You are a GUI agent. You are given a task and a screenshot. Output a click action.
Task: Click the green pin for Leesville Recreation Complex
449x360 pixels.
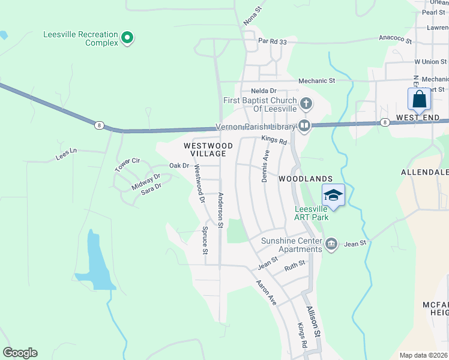(x=127, y=38)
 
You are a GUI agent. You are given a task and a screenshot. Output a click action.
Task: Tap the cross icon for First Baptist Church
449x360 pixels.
(x=306, y=104)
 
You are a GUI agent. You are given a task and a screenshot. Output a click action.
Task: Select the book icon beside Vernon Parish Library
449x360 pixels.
(x=304, y=126)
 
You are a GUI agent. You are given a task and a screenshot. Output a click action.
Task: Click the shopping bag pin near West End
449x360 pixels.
(x=419, y=99)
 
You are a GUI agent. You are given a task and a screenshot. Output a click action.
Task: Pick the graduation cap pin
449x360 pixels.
(x=333, y=195)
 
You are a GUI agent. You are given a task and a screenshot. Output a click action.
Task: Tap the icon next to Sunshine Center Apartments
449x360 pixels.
(x=331, y=244)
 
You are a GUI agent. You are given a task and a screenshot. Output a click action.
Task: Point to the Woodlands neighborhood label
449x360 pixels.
(x=305, y=179)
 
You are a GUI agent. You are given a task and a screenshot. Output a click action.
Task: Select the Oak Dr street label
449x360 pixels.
(x=179, y=166)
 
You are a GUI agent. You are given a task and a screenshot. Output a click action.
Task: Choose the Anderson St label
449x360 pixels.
(x=220, y=210)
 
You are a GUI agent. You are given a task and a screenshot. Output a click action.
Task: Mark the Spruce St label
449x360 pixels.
(x=205, y=239)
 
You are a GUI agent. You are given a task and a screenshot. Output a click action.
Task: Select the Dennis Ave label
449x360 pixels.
(x=265, y=166)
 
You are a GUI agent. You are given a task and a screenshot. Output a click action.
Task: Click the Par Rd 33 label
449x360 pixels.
(x=273, y=41)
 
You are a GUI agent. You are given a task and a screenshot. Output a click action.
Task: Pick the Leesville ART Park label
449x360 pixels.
(x=312, y=213)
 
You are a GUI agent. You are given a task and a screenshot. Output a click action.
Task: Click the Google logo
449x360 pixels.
(x=20, y=353)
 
